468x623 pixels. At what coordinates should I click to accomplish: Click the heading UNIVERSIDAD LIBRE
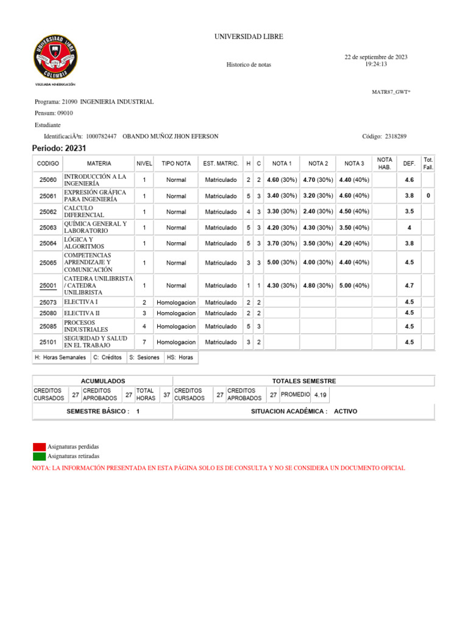coord(248,37)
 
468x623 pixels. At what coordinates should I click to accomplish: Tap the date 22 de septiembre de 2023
coord(376,57)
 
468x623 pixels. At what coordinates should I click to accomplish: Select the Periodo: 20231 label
coord(55,148)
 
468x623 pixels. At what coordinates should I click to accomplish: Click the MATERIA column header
coord(99,164)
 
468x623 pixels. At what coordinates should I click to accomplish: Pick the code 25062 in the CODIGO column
coord(48,212)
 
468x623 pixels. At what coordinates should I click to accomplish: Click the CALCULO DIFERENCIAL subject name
coord(84,212)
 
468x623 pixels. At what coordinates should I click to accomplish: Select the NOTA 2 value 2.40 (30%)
coord(318,212)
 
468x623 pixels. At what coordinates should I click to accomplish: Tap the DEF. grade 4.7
coord(409,285)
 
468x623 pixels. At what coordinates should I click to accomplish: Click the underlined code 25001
coord(48,285)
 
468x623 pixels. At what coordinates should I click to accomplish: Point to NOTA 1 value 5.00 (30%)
coord(282,263)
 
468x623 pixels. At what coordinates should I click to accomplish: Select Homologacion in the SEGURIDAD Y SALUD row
coord(176,342)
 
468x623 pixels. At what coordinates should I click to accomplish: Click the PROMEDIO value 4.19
coord(321,395)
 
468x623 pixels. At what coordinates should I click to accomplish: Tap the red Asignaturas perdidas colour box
coord(39,447)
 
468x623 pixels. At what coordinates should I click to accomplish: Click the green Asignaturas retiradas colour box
coord(39,456)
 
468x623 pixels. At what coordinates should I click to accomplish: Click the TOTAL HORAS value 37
coord(166,395)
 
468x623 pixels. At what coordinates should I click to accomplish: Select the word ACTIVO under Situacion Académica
coord(346,411)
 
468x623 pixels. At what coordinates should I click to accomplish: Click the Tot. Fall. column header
coord(428,163)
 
